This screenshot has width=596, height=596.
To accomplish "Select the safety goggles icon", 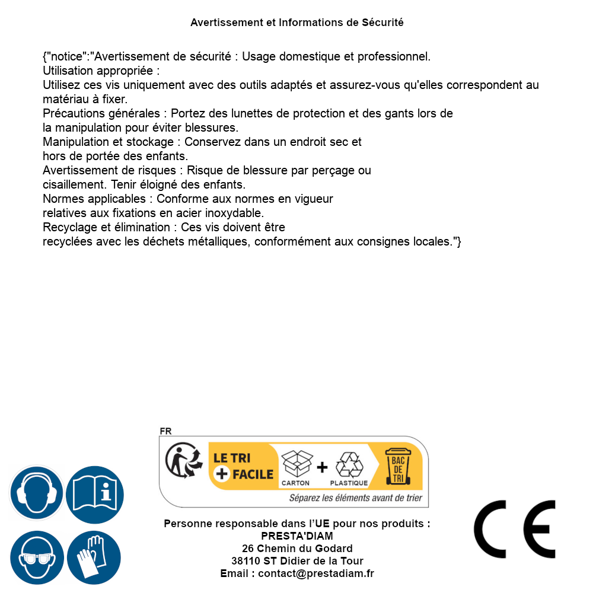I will [x=36, y=558].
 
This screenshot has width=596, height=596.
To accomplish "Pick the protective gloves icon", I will [x=94, y=558].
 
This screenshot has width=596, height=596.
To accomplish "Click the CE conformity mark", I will [x=515, y=529].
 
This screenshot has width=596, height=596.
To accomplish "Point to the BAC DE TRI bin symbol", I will [x=397, y=467].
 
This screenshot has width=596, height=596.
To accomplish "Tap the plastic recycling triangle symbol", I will [x=349, y=467].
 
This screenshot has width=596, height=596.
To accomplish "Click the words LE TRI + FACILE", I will [x=243, y=466].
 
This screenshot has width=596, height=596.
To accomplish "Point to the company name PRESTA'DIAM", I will [x=297, y=536].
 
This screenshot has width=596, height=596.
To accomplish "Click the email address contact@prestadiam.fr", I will [x=315, y=573].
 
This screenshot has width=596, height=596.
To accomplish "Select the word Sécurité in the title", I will [x=383, y=23].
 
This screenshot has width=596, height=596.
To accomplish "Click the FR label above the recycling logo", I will [x=165, y=431].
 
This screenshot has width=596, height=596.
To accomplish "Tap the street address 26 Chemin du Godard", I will [x=297, y=549].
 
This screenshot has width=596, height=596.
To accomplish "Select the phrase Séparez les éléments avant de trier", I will [x=355, y=498].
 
